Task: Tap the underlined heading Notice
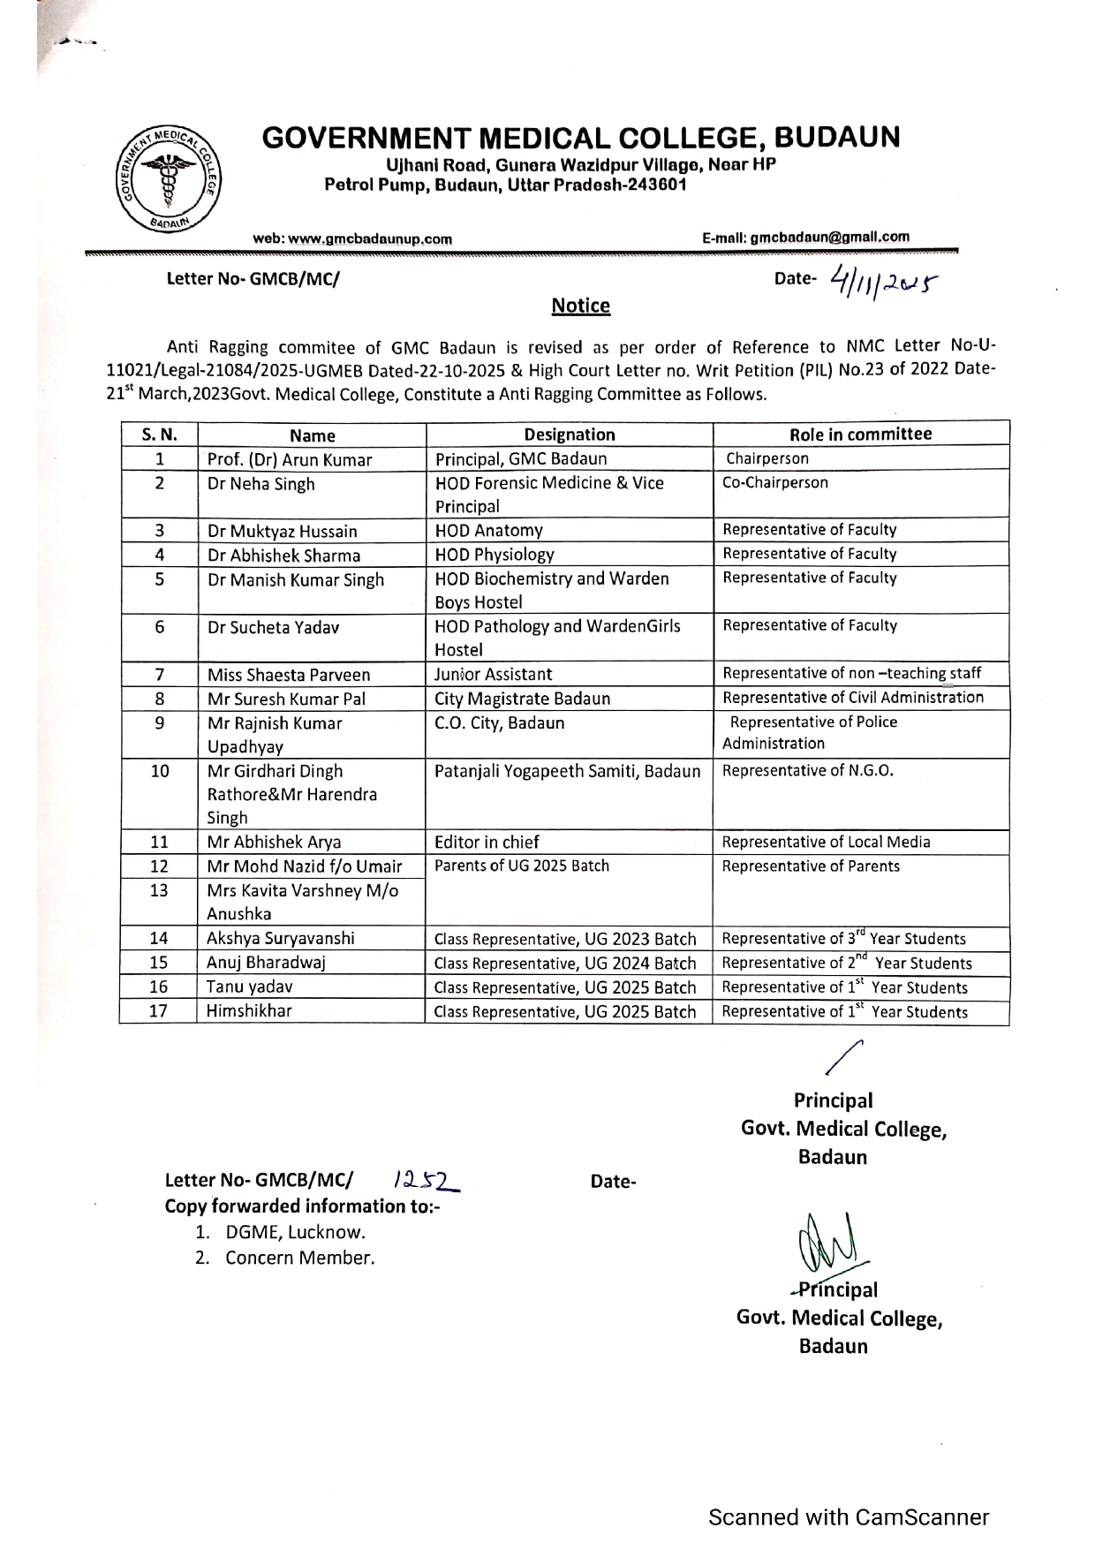[x=580, y=306]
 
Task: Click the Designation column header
[x=570, y=435]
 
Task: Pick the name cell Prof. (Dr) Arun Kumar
[x=290, y=459]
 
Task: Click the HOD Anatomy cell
[x=489, y=531]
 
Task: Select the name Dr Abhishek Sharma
[x=283, y=556]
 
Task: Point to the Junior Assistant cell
[x=494, y=675]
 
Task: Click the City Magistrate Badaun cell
[x=523, y=699]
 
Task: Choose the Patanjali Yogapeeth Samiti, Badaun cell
[x=568, y=771]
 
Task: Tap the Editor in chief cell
[x=487, y=843]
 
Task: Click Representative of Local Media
[x=827, y=843]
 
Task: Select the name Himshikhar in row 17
[x=249, y=1011]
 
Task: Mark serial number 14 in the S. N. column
[x=159, y=939]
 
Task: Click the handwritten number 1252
[x=422, y=1179]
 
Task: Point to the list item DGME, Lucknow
[x=295, y=1232]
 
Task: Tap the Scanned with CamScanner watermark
[x=849, y=1517]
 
